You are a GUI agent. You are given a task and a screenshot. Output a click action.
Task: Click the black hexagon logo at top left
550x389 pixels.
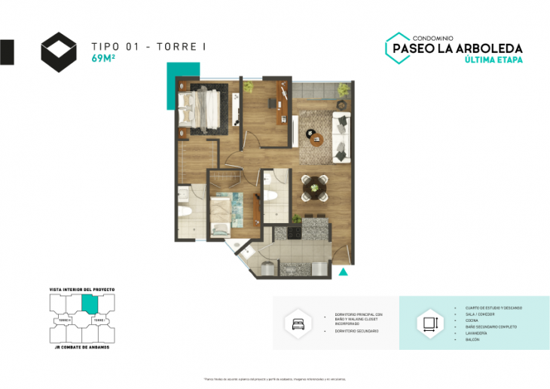coord(58,51)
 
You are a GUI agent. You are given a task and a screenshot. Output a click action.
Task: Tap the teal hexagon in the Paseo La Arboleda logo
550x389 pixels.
coord(397,47)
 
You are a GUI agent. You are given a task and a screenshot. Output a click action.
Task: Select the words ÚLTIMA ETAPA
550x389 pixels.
coord(493,60)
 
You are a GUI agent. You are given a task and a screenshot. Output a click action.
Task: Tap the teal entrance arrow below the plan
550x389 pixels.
coord(344,272)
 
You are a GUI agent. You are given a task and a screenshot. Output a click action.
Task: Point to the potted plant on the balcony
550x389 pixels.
coord(344,90)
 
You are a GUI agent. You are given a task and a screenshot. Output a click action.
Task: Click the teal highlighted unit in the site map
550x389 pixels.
coord(90,303)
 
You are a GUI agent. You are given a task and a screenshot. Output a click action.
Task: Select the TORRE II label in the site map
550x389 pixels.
coord(64,320)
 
